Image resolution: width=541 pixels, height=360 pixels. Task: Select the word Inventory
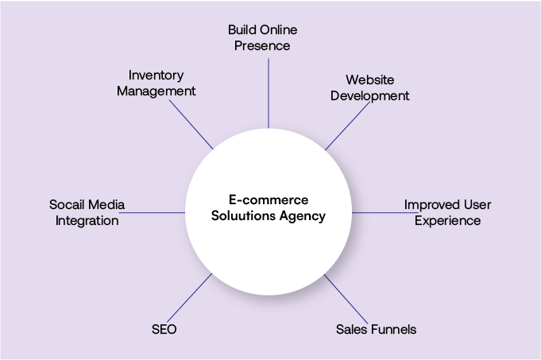click(156, 75)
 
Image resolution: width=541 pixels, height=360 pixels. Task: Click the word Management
click(156, 91)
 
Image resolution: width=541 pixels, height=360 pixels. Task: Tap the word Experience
click(447, 221)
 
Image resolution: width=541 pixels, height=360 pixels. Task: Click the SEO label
click(163, 329)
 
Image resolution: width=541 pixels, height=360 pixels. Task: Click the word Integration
click(87, 221)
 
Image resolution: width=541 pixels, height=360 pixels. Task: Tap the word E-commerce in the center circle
click(263, 200)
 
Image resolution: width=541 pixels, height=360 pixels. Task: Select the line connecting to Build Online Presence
click(269, 91)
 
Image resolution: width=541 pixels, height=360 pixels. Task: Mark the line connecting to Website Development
click(346, 127)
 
